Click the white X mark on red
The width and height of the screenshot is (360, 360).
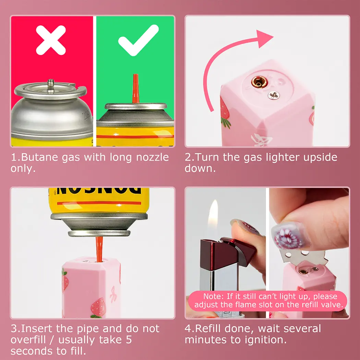[51, 40]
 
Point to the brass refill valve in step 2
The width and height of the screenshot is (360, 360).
[259, 82]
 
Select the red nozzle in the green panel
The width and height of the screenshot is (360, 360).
[135, 88]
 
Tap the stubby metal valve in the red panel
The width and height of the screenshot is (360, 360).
[50, 85]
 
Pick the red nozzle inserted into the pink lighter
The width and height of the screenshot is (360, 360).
[99, 249]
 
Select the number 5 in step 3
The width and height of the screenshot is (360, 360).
[129, 340]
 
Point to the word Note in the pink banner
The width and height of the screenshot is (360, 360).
[213, 296]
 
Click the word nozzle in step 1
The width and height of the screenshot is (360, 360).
[153, 157]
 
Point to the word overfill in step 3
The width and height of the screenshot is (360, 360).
[28, 340]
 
